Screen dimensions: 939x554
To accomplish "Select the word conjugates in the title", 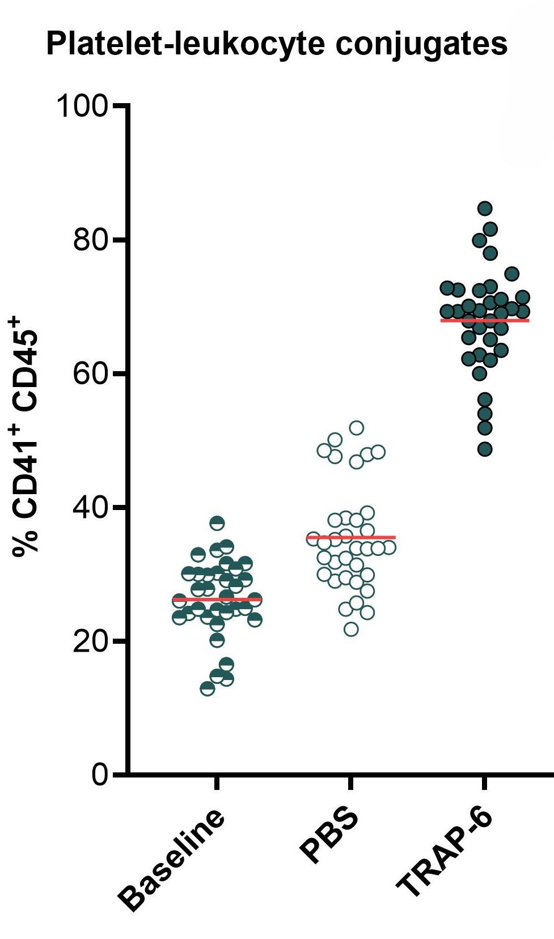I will (x=421, y=45).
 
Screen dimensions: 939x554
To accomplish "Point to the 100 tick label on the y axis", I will (x=82, y=106).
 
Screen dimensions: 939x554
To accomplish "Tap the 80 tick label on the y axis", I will (x=91, y=240).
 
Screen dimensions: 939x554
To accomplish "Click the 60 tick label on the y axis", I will (x=91, y=374).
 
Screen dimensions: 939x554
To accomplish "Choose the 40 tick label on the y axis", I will (x=91, y=508).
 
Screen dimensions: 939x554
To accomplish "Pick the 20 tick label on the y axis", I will (x=91, y=641).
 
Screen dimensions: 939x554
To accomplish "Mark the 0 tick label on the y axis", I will (x=100, y=775).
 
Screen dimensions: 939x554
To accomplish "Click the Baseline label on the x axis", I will (x=172, y=859).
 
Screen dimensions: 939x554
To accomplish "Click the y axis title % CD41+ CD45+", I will (x=26, y=436).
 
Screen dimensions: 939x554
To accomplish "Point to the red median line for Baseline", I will (x=217, y=599).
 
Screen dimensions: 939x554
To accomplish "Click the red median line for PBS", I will (x=351, y=537).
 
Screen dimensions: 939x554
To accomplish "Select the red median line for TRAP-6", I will (x=485, y=321).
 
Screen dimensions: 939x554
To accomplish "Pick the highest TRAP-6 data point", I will (x=485, y=209).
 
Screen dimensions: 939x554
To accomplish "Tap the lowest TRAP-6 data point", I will (x=485, y=449).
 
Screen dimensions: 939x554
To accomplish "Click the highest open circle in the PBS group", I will (x=357, y=428).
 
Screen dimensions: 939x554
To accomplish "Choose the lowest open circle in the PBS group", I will (x=351, y=629).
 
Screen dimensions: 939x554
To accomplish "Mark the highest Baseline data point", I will (x=217, y=523).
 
